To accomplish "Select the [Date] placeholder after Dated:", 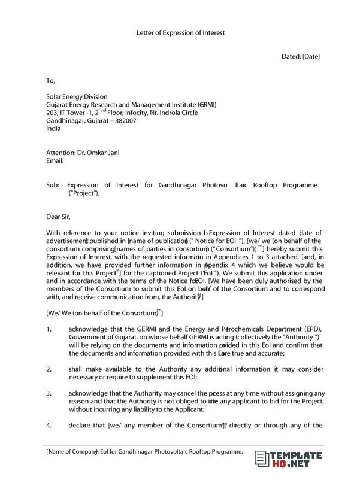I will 311,57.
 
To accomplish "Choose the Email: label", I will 55,161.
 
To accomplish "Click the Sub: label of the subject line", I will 53,185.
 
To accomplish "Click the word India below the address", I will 53,128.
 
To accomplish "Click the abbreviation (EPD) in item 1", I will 314,329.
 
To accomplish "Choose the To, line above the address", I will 50,80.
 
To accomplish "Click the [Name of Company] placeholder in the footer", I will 72,451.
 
